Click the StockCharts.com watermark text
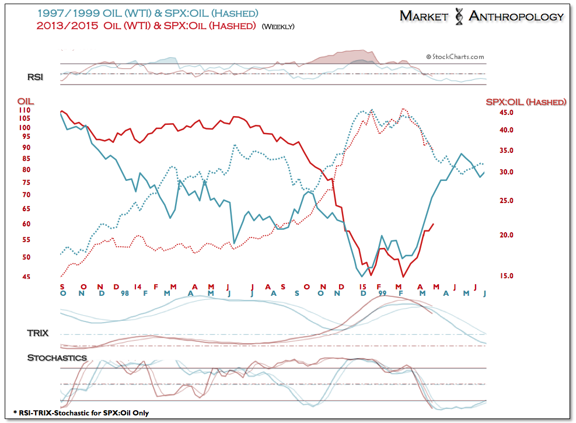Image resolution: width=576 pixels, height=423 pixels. tap(455, 57)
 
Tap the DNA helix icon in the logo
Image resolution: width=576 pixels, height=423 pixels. tap(459, 16)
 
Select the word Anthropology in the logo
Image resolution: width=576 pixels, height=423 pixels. tap(516, 16)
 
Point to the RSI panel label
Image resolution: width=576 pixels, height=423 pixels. tap(36, 76)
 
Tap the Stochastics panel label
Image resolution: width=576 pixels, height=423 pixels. tap(57, 358)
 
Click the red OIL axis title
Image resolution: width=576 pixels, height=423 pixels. tap(25, 102)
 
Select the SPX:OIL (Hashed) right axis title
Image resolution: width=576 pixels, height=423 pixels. tap(526, 102)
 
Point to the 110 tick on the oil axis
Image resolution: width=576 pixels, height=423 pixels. tap(25, 110)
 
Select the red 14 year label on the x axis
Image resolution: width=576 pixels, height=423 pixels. tap(137, 286)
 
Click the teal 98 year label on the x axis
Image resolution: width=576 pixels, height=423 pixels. tap(125, 293)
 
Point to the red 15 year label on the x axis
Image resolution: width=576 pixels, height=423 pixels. tap(362, 286)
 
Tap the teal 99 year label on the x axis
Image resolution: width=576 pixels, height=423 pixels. tap(382, 293)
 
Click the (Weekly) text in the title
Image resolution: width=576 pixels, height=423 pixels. tap(278, 26)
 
